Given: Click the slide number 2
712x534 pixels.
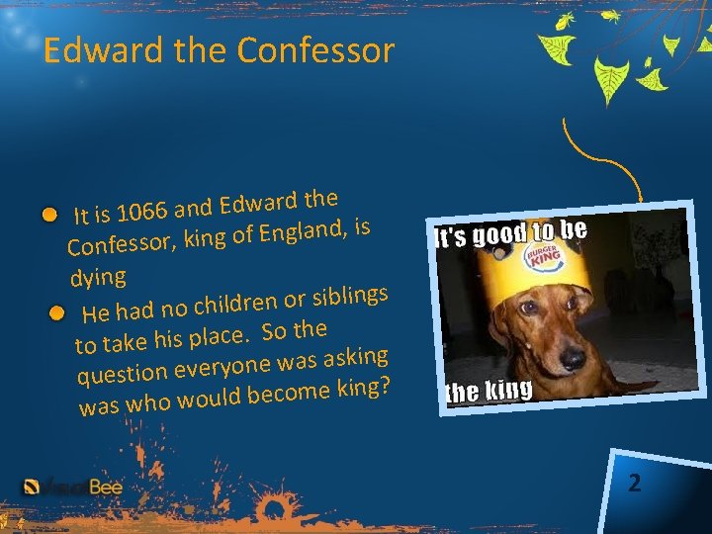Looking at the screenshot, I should coord(634,484).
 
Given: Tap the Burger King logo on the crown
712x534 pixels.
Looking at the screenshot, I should coord(543,254).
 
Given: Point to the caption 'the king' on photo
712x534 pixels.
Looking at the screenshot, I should coord(489,391).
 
